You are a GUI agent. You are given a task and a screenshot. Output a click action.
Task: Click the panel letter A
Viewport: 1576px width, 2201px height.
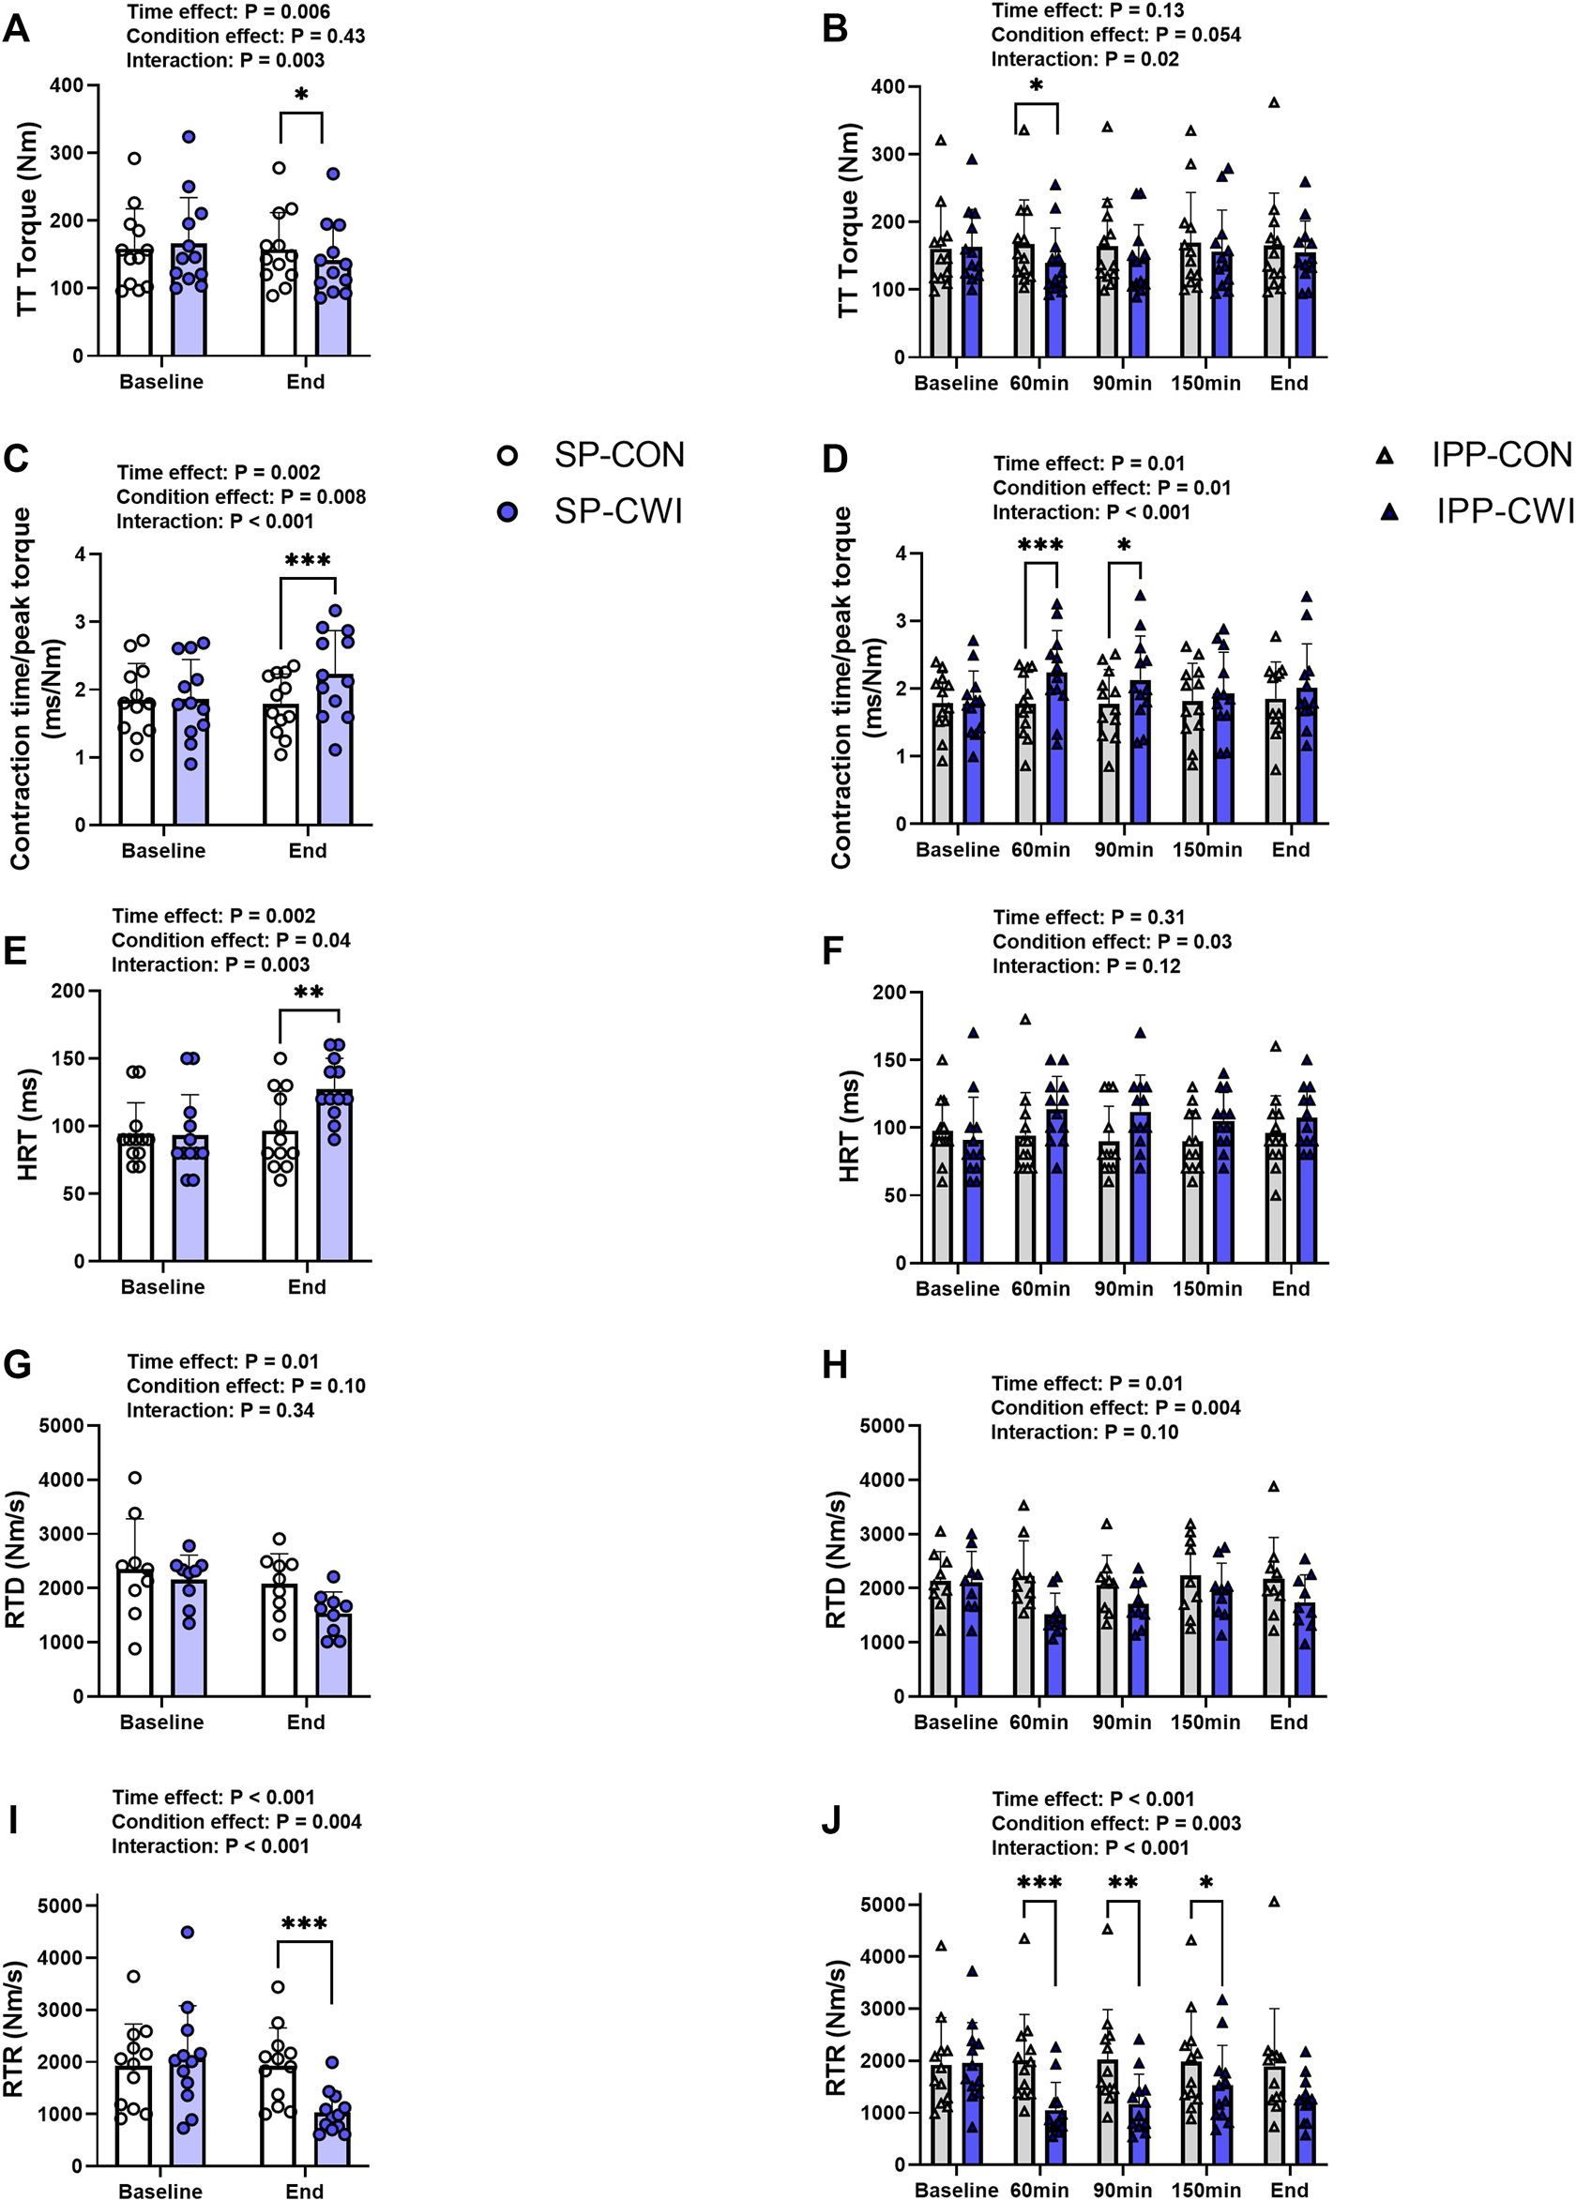pos(17,29)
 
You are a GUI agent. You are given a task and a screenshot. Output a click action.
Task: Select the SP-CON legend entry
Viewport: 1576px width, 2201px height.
pos(592,454)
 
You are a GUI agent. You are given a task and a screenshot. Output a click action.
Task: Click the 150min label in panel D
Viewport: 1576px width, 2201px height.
pos(1206,849)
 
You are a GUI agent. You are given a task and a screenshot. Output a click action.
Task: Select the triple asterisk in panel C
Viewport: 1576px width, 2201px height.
pos(308,561)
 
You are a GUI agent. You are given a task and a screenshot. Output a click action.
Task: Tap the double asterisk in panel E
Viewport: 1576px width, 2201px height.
pos(309,993)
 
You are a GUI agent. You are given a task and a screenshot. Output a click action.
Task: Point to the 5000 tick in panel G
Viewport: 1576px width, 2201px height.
pos(64,1426)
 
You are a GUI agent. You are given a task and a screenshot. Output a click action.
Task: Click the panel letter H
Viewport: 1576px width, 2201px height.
pos(835,1365)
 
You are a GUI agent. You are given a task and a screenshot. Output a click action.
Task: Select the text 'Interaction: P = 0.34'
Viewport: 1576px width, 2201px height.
pos(220,1410)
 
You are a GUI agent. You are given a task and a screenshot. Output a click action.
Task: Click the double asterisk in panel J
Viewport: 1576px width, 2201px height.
pos(1123,1884)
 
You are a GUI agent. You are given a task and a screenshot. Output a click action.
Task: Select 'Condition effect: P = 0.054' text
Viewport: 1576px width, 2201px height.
pos(1116,35)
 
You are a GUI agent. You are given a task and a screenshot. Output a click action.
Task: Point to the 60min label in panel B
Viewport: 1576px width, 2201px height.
pos(1039,384)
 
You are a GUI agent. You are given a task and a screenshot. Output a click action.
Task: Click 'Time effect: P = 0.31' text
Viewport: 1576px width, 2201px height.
pos(1089,918)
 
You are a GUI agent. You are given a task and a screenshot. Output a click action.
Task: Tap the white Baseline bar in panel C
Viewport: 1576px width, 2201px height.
pos(137,767)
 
